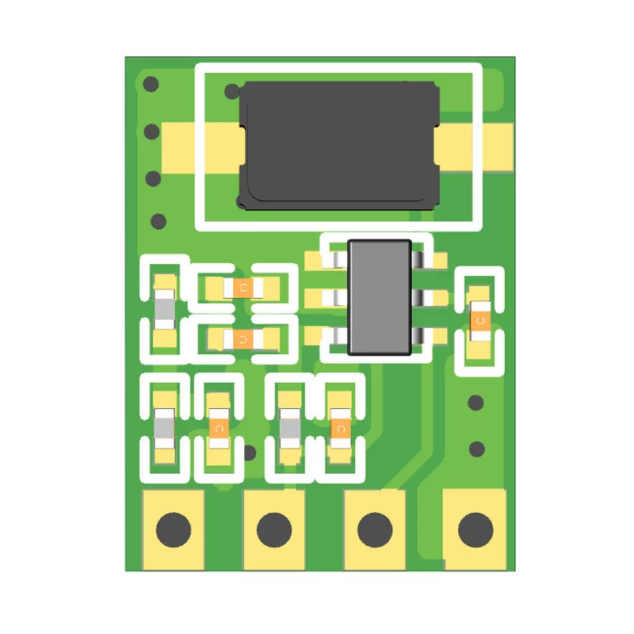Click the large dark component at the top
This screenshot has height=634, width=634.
tap(339, 146)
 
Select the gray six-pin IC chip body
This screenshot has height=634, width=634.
tap(380, 298)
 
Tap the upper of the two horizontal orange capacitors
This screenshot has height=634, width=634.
tap(243, 288)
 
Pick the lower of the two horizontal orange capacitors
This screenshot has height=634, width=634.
tap(243, 339)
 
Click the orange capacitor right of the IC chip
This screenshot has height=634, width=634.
tap(480, 321)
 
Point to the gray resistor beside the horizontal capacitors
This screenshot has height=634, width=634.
tap(165, 310)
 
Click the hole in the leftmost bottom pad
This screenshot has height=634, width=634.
tap(174, 529)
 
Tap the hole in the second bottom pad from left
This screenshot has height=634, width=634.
tap(274, 529)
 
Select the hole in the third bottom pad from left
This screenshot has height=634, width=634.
tap(375, 529)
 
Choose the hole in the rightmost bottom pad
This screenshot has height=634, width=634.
tap(475, 529)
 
